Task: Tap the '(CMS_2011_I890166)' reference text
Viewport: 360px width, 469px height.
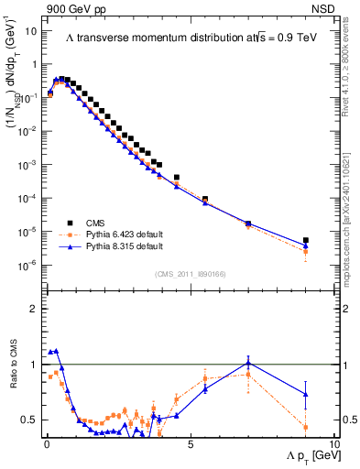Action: point(183,273)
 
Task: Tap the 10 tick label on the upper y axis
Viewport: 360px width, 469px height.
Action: point(29,30)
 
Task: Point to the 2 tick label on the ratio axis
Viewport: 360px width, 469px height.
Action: point(32,309)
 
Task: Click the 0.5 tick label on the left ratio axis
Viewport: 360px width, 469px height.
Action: point(28,420)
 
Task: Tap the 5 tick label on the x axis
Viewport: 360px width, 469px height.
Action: point(190,443)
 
